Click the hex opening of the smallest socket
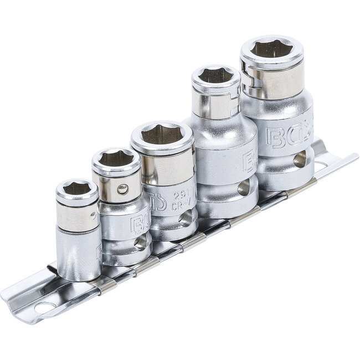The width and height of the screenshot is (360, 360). point(77,189)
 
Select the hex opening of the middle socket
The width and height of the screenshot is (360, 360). point(162,134)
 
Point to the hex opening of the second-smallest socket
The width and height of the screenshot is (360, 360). point(116,159)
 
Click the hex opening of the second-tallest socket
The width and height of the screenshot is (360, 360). point(215,75)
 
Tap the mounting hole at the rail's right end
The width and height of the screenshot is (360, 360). point(320,164)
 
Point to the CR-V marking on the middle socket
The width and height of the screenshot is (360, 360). point(178,206)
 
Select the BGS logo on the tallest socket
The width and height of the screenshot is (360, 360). point(288,136)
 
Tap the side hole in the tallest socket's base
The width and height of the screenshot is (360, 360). point(299,160)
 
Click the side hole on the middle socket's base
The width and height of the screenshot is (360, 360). point(184,219)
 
